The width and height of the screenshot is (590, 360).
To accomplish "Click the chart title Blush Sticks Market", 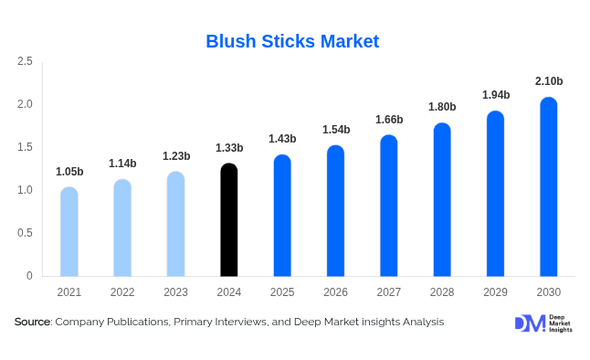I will point(292,41).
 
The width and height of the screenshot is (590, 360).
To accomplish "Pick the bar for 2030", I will point(548,187).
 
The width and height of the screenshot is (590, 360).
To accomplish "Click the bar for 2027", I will point(389,206).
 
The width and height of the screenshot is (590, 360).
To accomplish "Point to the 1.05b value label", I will point(69,172).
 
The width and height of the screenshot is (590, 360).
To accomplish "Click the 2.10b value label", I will point(548,81).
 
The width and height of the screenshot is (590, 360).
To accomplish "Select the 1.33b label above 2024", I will point(229,148).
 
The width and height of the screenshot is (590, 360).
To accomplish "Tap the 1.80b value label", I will point(442,107).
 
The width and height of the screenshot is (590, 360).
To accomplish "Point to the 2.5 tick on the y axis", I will point(25,61).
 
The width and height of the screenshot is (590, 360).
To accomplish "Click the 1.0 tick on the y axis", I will point(25,190).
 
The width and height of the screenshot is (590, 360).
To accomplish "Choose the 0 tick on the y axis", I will point(29,276).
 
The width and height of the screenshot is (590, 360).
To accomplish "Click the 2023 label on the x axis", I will point(176,292).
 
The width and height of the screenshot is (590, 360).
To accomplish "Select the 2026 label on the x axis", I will point(335,292).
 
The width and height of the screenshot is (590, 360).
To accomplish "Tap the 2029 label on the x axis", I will point(495,292).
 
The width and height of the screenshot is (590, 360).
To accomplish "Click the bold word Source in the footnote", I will point(33,323).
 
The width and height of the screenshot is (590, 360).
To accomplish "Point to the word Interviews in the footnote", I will point(237,323).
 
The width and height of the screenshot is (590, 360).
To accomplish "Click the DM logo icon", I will point(529,323).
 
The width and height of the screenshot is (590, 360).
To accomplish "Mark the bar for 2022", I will point(122,228).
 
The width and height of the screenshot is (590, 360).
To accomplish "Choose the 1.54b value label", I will point(335,130).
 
